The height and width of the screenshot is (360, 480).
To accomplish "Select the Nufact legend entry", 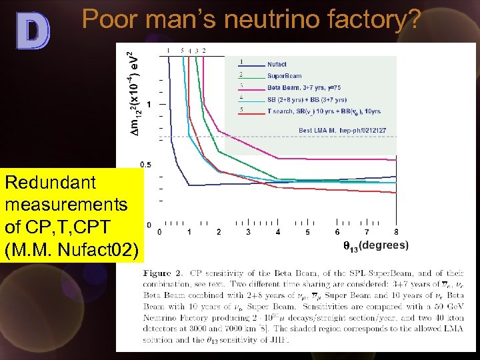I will click(x=277, y=64).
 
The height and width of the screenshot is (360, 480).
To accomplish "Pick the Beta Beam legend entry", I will click(x=303, y=87).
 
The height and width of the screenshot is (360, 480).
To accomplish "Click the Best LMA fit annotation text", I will click(x=342, y=129).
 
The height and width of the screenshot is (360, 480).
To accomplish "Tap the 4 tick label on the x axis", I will click(x=278, y=232).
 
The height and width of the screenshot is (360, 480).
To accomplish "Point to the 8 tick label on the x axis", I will click(x=397, y=232).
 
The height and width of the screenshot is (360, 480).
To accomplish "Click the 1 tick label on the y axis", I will click(x=149, y=105).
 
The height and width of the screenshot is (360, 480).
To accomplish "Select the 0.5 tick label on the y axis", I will click(x=145, y=165).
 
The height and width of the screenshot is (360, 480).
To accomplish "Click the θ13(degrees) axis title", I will click(x=376, y=246).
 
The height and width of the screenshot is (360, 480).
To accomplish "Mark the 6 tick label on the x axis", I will click(x=337, y=232).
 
